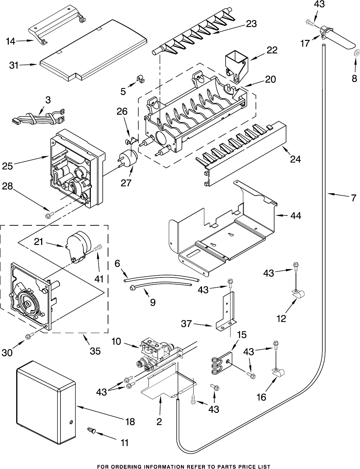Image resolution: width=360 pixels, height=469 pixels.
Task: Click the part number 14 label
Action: (x=10, y=42)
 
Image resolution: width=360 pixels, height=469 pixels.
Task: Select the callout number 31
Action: (x=14, y=65)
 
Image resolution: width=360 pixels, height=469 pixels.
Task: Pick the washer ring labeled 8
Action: (x=356, y=53)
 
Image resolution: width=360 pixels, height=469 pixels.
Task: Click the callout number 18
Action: (x=130, y=421)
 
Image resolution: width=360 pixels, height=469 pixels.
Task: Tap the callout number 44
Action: (x=296, y=215)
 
